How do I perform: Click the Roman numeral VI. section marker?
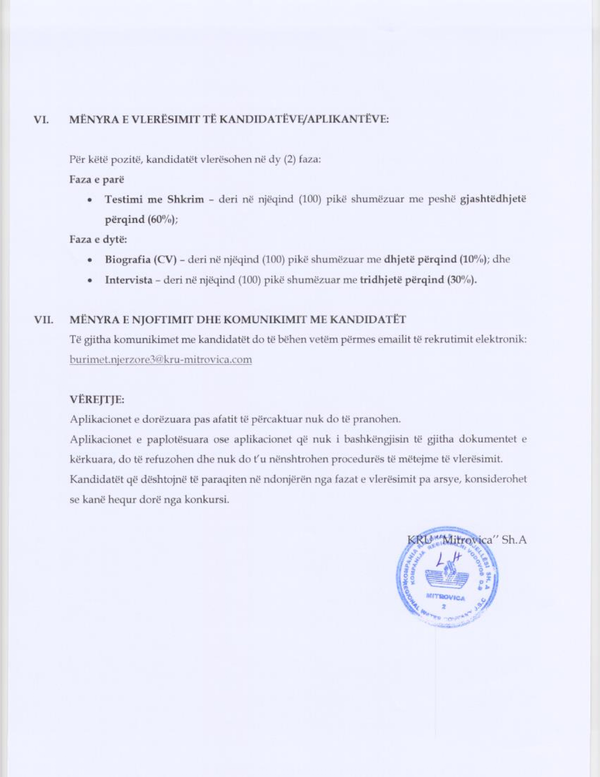click(x=41, y=120)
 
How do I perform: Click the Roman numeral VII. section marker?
click(x=43, y=320)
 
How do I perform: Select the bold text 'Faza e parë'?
click(x=96, y=179)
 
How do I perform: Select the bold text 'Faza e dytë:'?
click(x=98, y=239)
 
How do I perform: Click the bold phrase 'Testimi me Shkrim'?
click(x=154, y=199)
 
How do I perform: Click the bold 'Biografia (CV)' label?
click(x=140, y=259)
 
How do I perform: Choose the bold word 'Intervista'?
click(x=128, y=280)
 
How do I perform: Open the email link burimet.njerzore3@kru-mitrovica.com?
click(x=160, y=360)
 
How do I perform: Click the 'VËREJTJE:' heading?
click(x=97, y=400)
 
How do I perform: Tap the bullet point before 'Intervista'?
click(x=89, y=281)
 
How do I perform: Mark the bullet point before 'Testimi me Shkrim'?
click(x=89, y=200)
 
